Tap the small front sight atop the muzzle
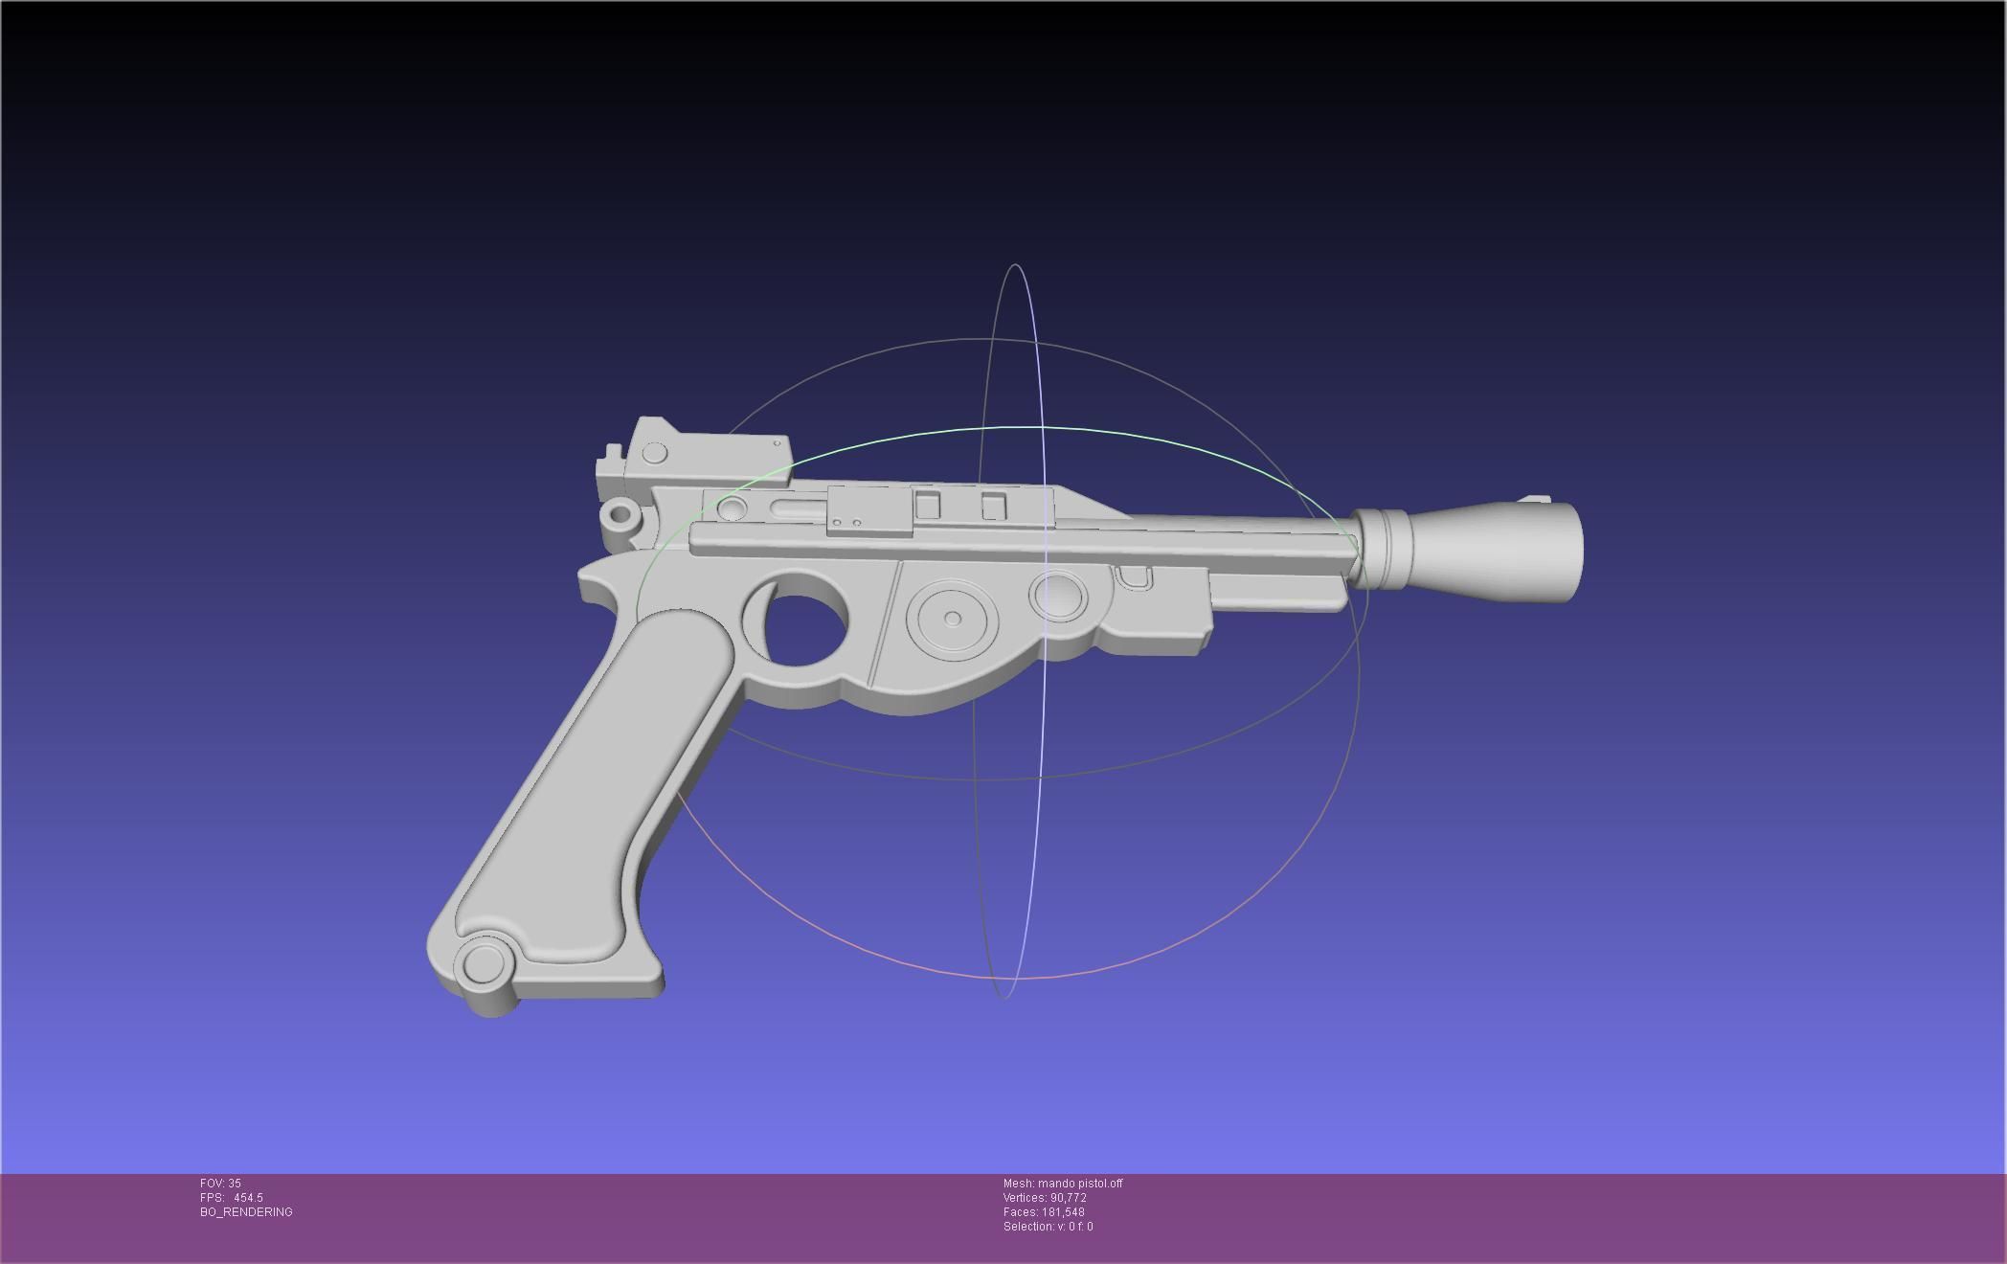pos(1536,499)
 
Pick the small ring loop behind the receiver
pos(620,515)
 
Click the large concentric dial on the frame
pos(952,619)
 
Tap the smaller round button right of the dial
pos(1058,596)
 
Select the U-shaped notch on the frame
pos(1134,577)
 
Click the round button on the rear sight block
pos(655,453)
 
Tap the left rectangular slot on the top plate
pos(927,505)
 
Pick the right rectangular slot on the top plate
pos(994,506)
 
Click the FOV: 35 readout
pos(220,1184)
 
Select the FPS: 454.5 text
pos(232,1198)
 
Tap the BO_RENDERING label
pos(246,1212)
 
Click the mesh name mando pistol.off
pos(1063,1184)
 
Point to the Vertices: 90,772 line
pos(1045,1198)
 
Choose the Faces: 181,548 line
pos(1044,1212)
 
